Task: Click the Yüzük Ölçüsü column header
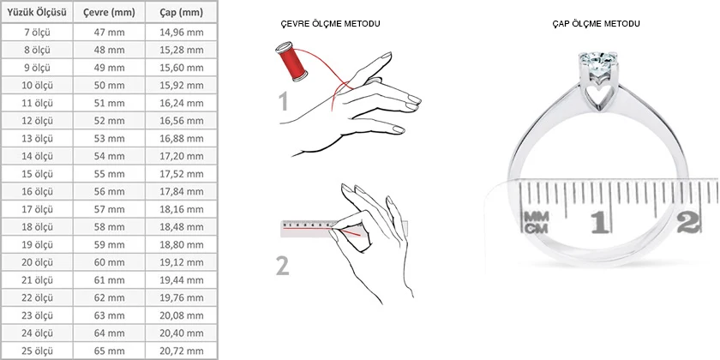point(37,12)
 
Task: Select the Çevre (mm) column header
point(110,12)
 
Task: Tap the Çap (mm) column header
point(183,12)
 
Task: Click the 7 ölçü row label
point(37,32)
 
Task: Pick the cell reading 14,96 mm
point(183,32)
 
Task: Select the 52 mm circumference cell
point(110,121)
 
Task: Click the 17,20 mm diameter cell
point(183,156)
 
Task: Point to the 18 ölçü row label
point(37,226)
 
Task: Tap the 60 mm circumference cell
point(110,261)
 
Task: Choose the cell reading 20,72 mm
point(183,351)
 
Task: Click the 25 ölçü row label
point(37,351)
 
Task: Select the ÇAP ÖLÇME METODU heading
point(597,23)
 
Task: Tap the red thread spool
point(291,63)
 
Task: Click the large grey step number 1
point(284,103)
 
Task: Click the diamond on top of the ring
point(597,63)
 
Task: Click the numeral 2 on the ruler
point(686,221)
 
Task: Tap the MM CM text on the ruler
point(537,220)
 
